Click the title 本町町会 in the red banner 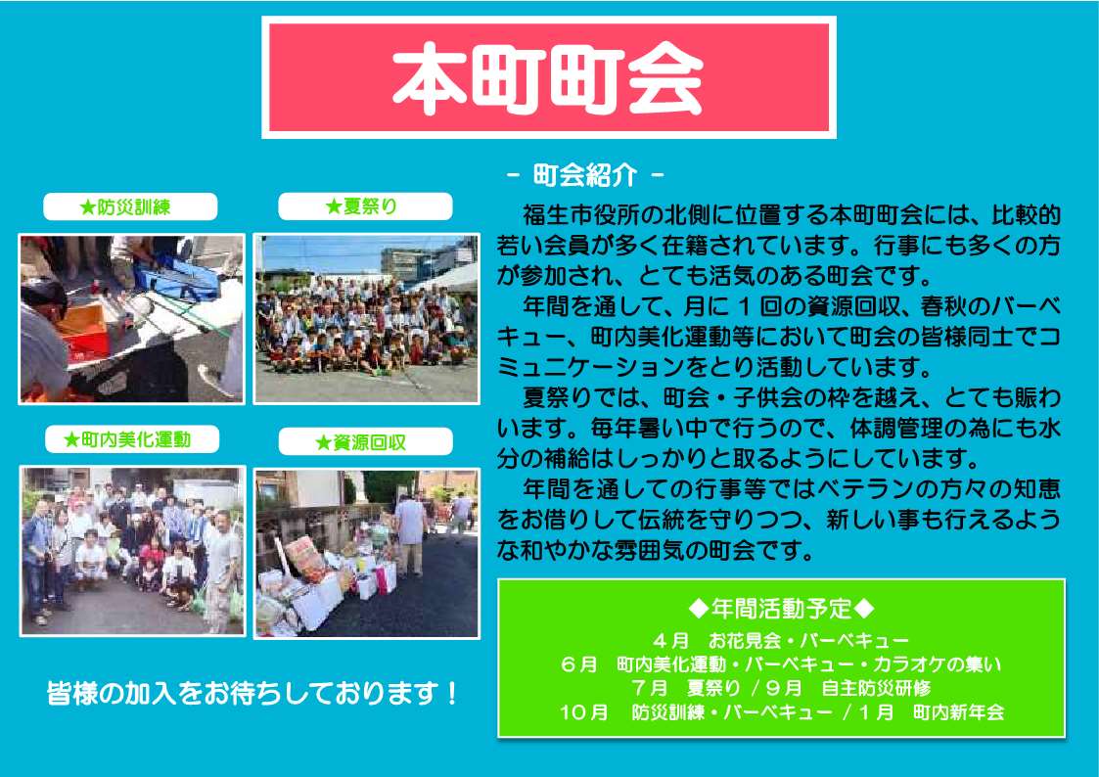click(548, 77)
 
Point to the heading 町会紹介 click(585, 175)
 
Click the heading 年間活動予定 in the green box click(781, 608)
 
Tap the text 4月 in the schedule click(670, 640)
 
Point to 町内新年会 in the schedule click(959, 712)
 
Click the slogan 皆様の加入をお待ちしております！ click(253, 693)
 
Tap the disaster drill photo click(132, 319)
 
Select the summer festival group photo click(367, 319)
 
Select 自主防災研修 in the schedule click(876, 688)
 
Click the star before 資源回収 click(323, 442)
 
